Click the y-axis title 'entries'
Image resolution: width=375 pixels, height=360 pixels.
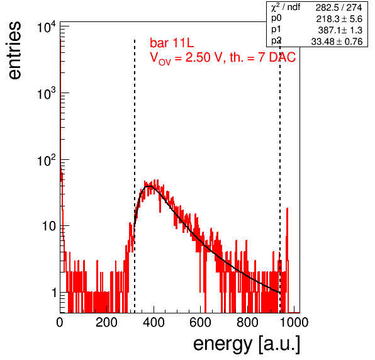coord(15,50)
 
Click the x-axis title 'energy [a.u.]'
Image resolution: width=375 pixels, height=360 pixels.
coord(247,344)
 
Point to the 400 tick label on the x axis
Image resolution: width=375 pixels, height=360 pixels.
coord(154,322)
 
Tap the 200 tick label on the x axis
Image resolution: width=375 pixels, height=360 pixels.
coord(106,322)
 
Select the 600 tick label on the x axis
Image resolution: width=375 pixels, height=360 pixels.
coord(201,322)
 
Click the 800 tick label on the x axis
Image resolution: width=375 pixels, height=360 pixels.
coord(247,322)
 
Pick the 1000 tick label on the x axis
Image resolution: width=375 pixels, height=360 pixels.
coord(294,322)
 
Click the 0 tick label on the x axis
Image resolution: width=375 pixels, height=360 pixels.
coord(60,322)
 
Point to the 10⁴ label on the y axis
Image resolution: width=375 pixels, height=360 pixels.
coord(47,27)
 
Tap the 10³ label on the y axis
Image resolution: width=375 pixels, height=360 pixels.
coord(47,94)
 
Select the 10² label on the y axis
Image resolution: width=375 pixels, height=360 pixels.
coord(47,160)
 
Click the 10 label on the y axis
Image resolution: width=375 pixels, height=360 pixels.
coord(49,226)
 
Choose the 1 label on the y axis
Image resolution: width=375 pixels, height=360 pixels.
coord(54,292)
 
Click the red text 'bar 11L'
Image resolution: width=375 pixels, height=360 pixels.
coord(172,43)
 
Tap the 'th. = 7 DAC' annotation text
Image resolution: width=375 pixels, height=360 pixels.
coord(262,57)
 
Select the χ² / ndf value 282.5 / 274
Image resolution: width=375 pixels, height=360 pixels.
coord(339,8)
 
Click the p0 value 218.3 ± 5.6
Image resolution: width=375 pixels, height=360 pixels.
coord(339,19)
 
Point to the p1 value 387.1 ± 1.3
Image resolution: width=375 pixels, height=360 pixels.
coord(340,30)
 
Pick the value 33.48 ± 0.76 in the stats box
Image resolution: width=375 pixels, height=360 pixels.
coord(337,42)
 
